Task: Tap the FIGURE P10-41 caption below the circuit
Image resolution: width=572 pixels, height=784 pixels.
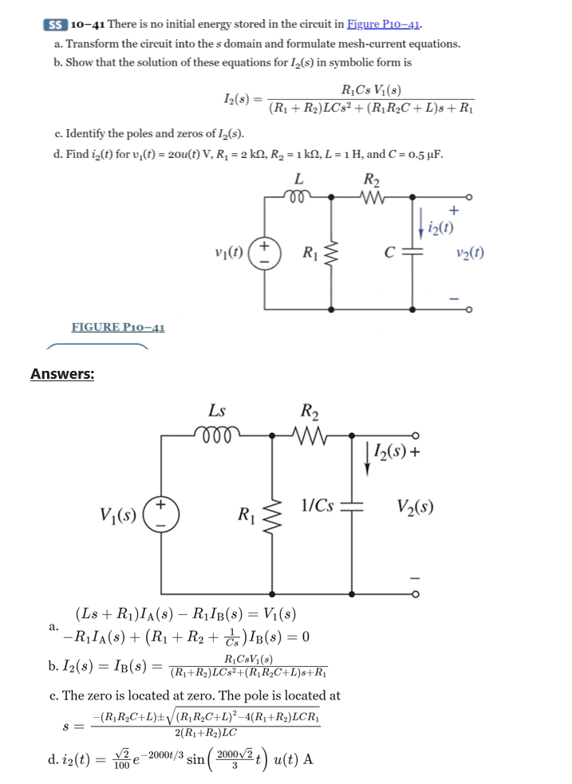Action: (x=118, y=327)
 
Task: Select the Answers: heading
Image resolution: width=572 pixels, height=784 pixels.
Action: (x=62, y=373)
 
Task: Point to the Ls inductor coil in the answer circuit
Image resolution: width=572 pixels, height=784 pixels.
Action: (x=216, y=436)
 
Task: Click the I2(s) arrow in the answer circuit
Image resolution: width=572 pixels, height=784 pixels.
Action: (x=368, y=459)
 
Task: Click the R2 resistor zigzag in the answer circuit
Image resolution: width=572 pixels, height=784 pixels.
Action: (x=308, y=436)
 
